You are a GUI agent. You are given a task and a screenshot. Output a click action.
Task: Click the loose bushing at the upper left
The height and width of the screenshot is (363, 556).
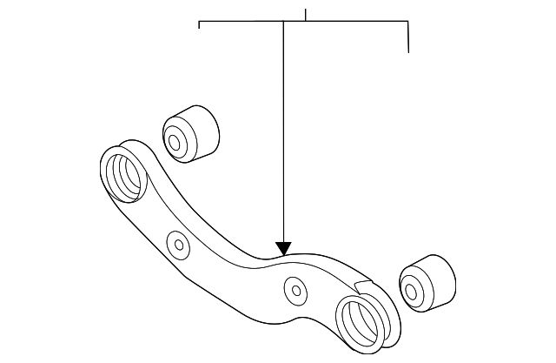click(190, 133)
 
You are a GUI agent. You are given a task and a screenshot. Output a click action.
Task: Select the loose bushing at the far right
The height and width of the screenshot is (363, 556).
click(427, 284)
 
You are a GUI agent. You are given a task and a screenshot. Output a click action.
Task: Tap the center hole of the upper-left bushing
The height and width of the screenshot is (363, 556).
click(175, 141)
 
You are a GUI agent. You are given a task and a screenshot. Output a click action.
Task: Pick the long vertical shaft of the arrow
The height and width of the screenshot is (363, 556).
click(284, 131)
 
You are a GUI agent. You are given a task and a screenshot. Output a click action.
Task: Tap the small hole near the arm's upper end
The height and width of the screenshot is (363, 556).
click(180, 244)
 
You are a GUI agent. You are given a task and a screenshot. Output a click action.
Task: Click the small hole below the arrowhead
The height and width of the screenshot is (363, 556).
click(295, 290)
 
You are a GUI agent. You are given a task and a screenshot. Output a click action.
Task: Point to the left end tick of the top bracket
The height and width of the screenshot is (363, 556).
click(200, 25)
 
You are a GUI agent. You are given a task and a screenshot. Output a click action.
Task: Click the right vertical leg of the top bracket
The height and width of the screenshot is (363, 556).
click(408, 37)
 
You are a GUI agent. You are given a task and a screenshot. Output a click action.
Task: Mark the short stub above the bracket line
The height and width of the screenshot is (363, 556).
click(306, 15)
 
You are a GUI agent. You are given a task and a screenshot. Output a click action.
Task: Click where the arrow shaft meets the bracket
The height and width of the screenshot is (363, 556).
click(284, 22)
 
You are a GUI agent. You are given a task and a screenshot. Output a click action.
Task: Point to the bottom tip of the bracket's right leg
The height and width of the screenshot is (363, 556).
click(408, 51)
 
